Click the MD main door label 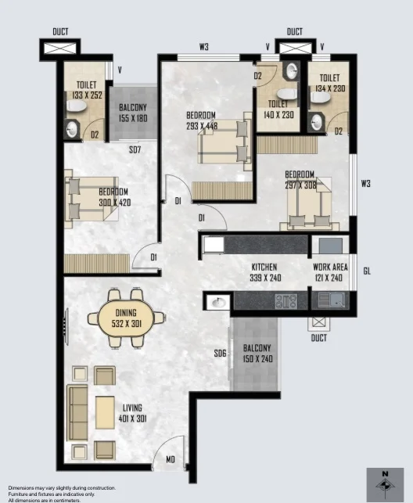click(x=171, y=460)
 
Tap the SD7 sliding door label click(x=135, y=150)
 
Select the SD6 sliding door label click(x=221, y=354)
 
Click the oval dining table click(x=127, y=318)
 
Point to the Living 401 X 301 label click(x=132, y=413)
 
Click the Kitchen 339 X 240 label click(x=265, y=272)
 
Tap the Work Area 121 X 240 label click(x=330, y=272)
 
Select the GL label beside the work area click(x=367, y=271)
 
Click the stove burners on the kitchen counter click(x=286, y=301)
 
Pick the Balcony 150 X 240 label click(x=257, y=354)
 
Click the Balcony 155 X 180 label click(x=133, y=113)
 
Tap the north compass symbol click(x=385, y=483)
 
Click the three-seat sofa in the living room click(x=77, y=413)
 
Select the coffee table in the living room click(x=105, y=412)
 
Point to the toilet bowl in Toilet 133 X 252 click(x=77, y=106)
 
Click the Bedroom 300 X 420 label click(x=113, y=197)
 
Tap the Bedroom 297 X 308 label click(x=300, y=180)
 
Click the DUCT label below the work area click(x=319, y=338)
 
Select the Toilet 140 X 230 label click(x=278, y=110)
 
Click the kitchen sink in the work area click(x=331, y=300)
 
